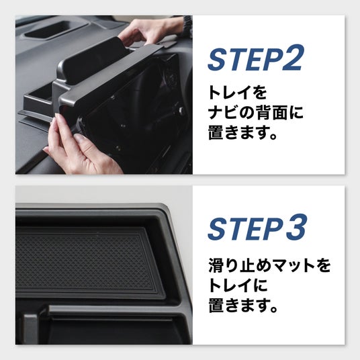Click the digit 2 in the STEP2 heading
point(292,58)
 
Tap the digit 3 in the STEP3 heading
point(296,227)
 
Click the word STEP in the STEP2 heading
point(244,58)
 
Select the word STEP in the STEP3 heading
point(245,228)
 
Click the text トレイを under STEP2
point(237,93)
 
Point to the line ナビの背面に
point(255,113)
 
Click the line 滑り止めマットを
point(269,266)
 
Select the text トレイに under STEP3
point(238,285)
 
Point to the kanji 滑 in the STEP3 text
point(216,266)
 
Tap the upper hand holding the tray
point(144,32)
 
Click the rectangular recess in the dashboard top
point(56,29)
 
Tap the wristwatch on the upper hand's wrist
point(188,26)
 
